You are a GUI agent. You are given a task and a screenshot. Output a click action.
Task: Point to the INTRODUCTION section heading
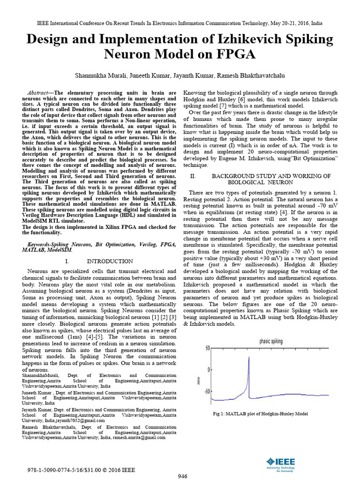point(110,261)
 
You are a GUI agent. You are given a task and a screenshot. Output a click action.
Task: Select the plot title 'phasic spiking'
point(271,341)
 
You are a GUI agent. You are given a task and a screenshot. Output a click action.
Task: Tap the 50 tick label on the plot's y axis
point(207,348)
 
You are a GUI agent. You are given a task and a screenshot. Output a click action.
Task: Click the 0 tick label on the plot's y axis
point(209,370)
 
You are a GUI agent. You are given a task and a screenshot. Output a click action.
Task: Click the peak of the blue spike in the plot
point(248,357)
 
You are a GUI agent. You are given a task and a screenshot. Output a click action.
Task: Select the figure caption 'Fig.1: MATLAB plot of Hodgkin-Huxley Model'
point(260,413)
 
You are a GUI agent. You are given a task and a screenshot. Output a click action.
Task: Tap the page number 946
point(182,476)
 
